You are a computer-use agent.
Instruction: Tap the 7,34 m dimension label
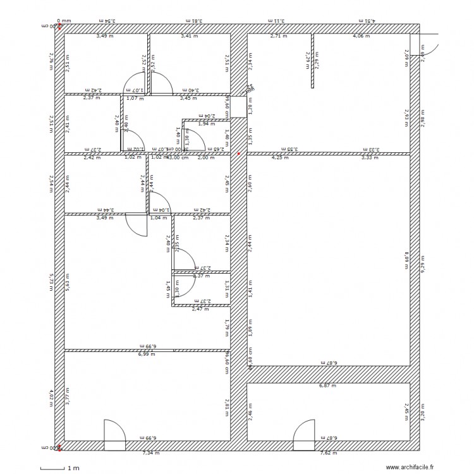(x=151, y=453)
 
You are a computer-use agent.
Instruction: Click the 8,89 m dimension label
(x=407, y=261)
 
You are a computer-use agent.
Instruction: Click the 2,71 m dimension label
(x=279, y=37)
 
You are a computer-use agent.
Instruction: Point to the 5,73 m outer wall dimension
(x=52, y=283)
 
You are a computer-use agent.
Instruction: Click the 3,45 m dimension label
(x=188, y=99)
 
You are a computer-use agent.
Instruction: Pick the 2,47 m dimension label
(x=200, y=309)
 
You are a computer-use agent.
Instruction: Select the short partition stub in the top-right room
(x=312, y=60)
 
